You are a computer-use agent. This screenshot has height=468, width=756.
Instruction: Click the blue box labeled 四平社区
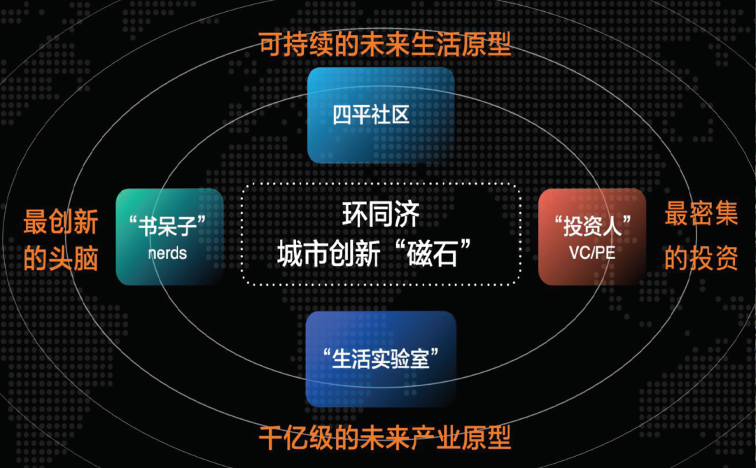[x=381, y=115]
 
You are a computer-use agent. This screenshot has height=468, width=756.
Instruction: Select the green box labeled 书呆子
[x=169, y=236]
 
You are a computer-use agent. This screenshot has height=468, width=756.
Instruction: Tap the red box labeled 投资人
[x=592, y=236]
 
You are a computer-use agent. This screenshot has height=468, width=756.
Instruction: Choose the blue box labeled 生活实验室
[x=381, y=359]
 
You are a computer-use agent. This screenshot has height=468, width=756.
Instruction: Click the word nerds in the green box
[x=167, y=253]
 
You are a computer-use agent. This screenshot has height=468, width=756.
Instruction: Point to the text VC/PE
[x=592, y=253]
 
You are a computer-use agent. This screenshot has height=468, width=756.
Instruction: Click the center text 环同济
[x=381, y=215]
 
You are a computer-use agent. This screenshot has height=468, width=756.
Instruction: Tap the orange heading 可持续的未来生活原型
[x=385, y=44]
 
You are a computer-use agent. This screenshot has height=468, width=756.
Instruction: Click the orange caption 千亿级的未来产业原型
[x=385, y=438]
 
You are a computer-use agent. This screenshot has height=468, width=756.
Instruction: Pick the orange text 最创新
[x=61, y=222]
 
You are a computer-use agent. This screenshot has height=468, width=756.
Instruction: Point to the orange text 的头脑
[x=61, y=258]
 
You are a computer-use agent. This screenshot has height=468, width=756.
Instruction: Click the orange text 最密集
[x=701, y=213]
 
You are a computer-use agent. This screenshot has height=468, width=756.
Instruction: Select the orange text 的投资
[x=701, y=258]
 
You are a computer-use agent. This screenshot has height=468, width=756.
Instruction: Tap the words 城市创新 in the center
[x=329, y=254]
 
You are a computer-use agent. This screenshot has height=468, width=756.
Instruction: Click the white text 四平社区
[x=371, y=115]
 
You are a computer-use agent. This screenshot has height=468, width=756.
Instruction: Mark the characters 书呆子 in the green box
[x=167, y=226]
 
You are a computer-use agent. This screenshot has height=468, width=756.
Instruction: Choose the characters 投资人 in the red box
[x=593, y=226]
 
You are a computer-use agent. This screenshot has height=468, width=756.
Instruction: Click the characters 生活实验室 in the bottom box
[x=380, y=359]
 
